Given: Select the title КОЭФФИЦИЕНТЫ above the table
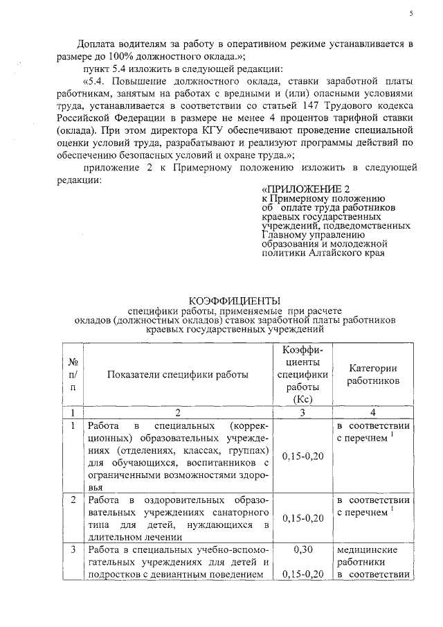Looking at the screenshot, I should point(235,300).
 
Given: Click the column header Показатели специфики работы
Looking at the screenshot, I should point(178,375).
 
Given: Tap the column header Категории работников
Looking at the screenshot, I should point(372,375).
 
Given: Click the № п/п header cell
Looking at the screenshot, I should point(73,375).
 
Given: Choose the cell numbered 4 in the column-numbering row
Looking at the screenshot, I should point(372,412).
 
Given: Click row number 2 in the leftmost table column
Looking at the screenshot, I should point(73,500).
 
